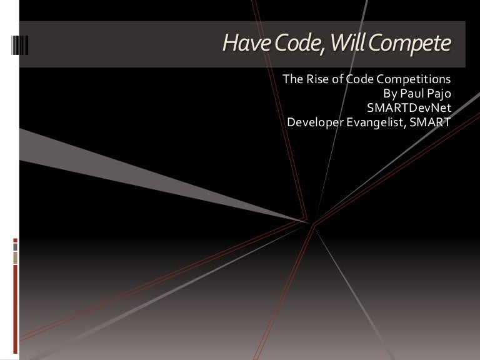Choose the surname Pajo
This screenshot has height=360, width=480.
point(439,94)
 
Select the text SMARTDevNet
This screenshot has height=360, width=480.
point(405,107)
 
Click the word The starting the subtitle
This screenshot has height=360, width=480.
point(293,80)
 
